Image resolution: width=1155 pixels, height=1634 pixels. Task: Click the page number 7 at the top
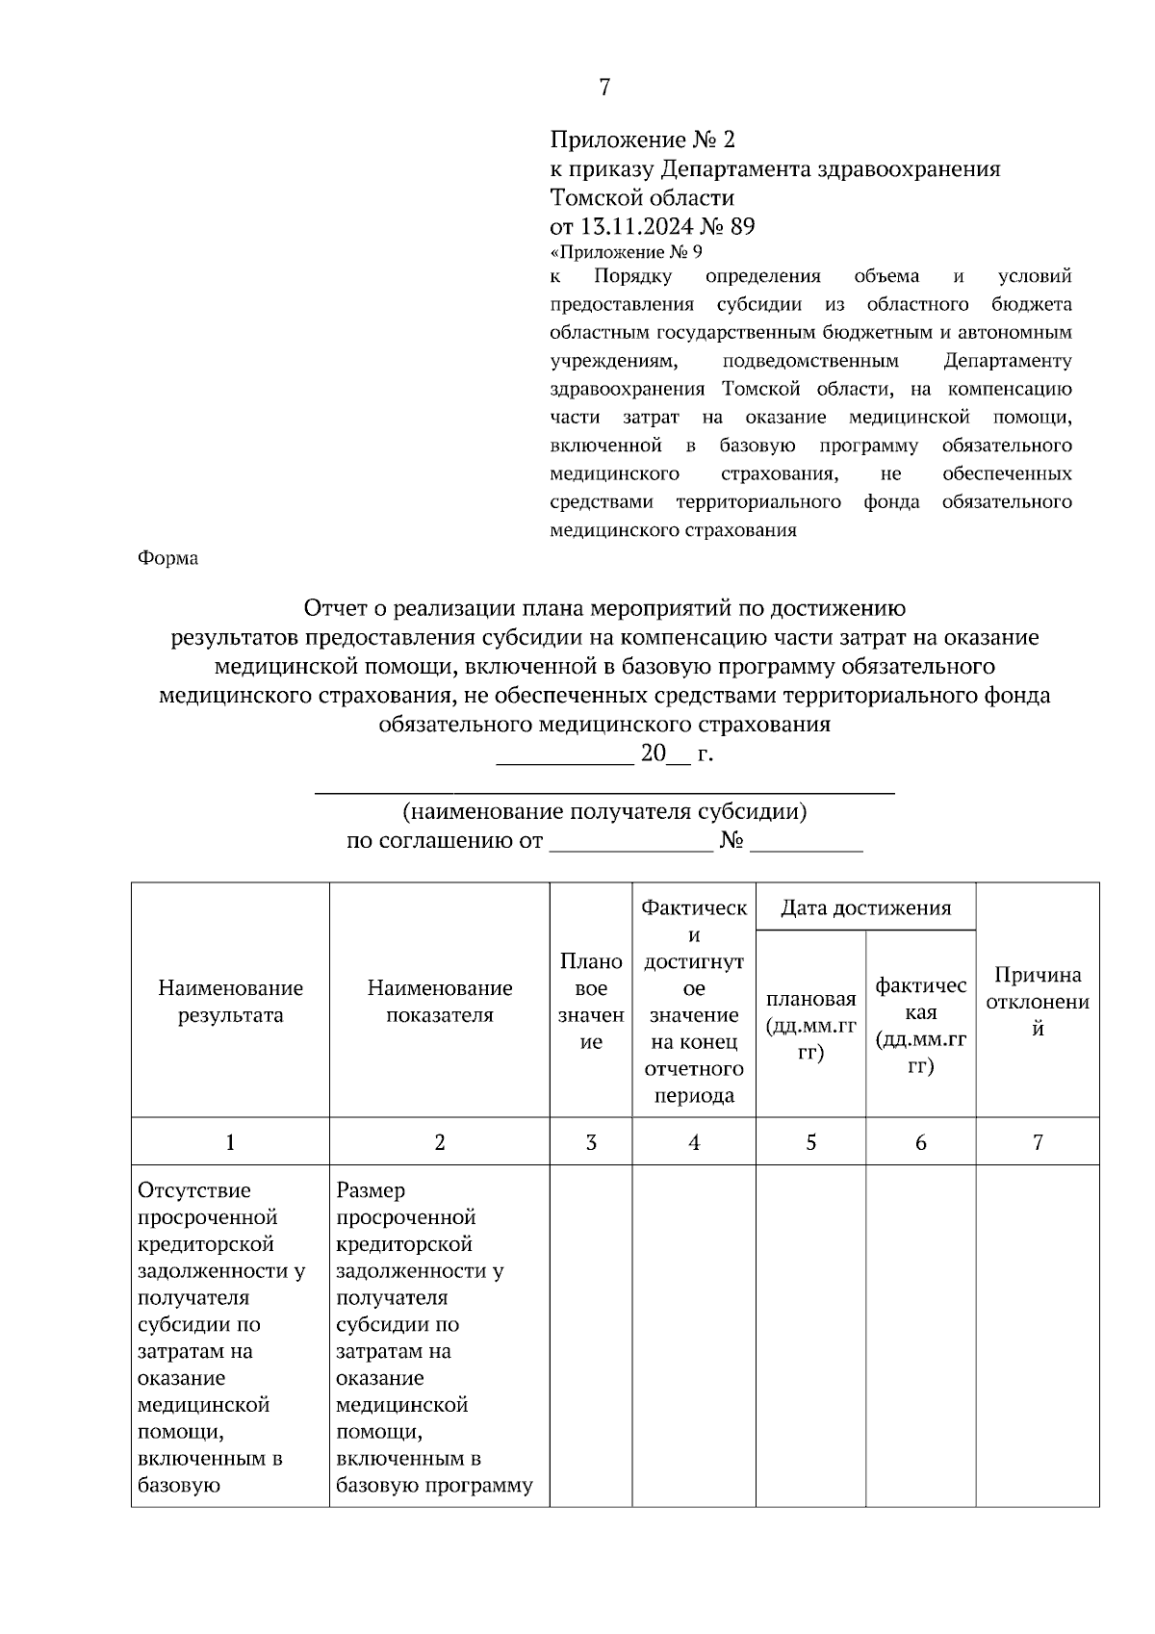pyautogui.click(x=604, y=88)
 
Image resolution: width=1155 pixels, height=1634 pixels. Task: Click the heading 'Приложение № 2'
pyautogui.click(x=642, y=140)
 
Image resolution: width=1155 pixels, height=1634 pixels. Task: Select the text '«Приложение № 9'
pyautogui.click(x=626, y=253)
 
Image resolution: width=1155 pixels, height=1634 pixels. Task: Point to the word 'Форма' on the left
pyautogui.click(x=168, y=558)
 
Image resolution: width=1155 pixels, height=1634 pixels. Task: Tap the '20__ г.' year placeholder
pyautogui.click(x=676, y=753)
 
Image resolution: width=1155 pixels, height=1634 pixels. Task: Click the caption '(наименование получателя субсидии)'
pyautogui.click(x=604, y=811)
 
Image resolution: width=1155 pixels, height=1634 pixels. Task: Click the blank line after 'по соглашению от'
pyautogui.click(x=630, y=843)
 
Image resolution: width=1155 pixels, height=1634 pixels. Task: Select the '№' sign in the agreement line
pyautogui.click(x=731, y=841)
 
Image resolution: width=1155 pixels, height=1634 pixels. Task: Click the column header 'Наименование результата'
pyautogui.click(x=230, y=1002)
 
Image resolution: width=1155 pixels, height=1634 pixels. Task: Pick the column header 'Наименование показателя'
pyautogui.click(x=440, y=1002)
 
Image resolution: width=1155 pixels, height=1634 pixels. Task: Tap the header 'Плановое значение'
pyautogui.click(x=591, y=1002)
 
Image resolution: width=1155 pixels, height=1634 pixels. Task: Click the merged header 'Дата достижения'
pyautogui.click(x=865, y=907)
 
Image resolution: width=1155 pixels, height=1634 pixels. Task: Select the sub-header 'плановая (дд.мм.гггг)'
pyautogui.click(x=810, y=1026)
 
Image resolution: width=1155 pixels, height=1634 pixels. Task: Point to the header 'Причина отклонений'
pyautogui.click(x=1038, y=1002)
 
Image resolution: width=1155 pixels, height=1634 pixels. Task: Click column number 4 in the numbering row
pyautogui.click(x=694, y=1142)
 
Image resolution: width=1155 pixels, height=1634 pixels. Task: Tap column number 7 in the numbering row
pyautogui.click(x=1038, y=1142)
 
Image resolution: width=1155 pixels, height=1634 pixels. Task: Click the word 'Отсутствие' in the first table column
pyautogui.click(x=194, y=1190)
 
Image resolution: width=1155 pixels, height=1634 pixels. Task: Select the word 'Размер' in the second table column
pyautogui.click(x=371, y=1190)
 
